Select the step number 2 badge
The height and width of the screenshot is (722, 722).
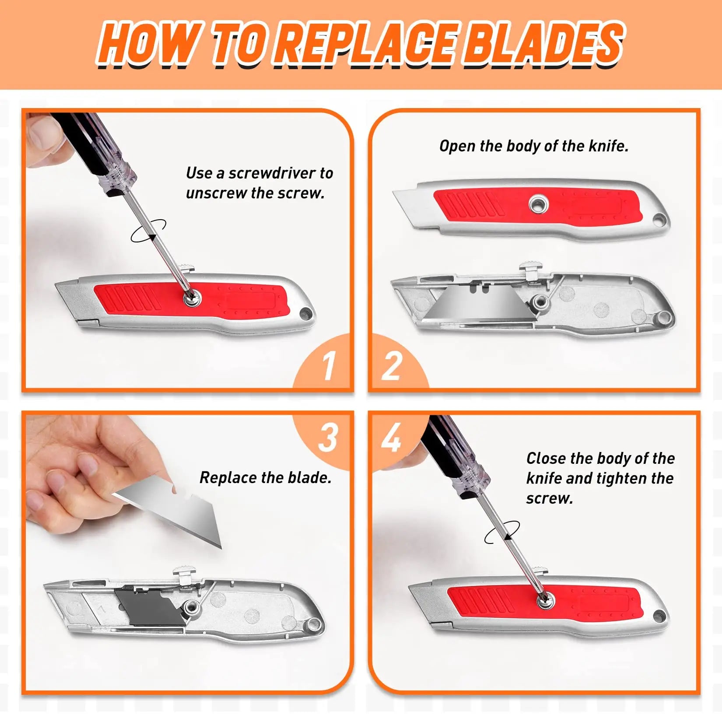click(392, 365)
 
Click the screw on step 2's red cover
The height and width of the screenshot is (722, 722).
click(538, 204)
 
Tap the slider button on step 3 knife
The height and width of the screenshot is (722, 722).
click(186, 573)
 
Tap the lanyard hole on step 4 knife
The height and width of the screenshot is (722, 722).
click(659, 616)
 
